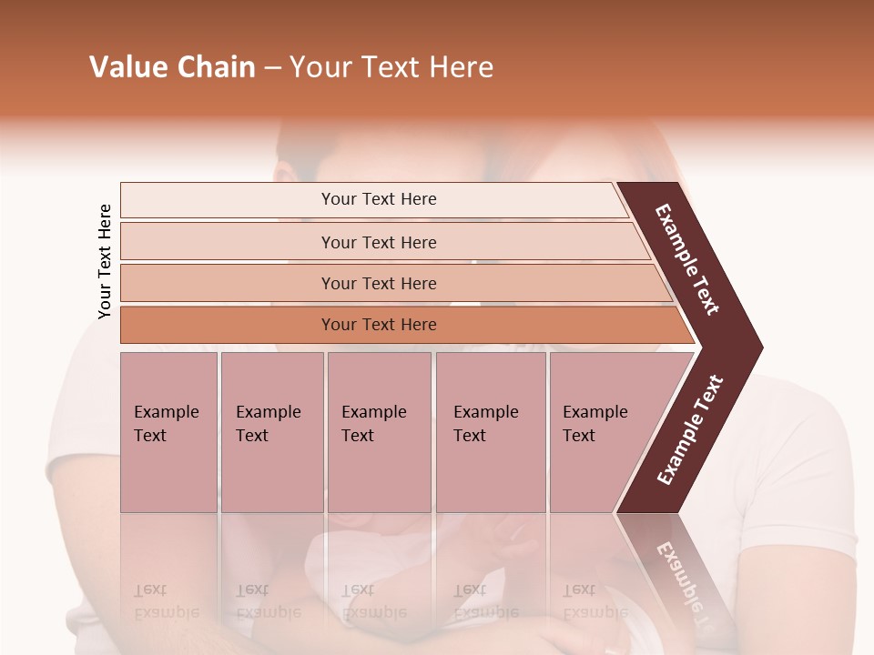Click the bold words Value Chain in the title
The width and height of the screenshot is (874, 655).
coord(172,67)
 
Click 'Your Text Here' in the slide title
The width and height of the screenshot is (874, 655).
coord(391,67)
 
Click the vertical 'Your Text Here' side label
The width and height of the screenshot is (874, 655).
coord(105,261)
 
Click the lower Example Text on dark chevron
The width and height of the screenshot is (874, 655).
coord(690,429)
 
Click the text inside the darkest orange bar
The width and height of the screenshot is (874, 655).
coord(379,325)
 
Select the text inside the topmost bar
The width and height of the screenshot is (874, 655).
coord(379,199)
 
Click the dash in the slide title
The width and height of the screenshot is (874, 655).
coord(272,68)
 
